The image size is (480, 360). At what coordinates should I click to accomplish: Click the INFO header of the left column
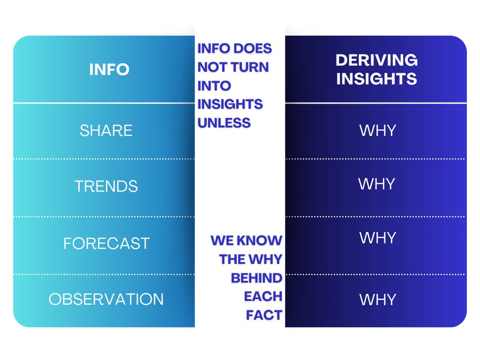109,69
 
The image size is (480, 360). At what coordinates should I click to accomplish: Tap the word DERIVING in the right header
376,60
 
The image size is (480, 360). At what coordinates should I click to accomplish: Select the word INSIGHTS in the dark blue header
376,79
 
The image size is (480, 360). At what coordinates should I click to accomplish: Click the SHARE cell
106,130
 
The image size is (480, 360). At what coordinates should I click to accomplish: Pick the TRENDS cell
106,187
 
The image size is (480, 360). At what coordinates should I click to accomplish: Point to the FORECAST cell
106,243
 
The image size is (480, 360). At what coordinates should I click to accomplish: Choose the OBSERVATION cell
106,299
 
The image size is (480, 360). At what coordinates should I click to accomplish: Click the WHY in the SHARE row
377,130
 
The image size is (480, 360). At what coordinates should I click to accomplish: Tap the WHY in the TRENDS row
377,184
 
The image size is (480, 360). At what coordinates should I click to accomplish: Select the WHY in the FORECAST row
377,238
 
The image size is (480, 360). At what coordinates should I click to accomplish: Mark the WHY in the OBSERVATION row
377,300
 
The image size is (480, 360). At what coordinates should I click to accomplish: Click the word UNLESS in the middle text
224,123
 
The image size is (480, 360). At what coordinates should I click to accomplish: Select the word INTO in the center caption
214,86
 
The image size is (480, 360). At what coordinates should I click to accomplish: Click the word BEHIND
256,278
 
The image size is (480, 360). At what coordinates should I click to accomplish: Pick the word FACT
264,315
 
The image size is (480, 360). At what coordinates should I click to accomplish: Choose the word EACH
263,296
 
